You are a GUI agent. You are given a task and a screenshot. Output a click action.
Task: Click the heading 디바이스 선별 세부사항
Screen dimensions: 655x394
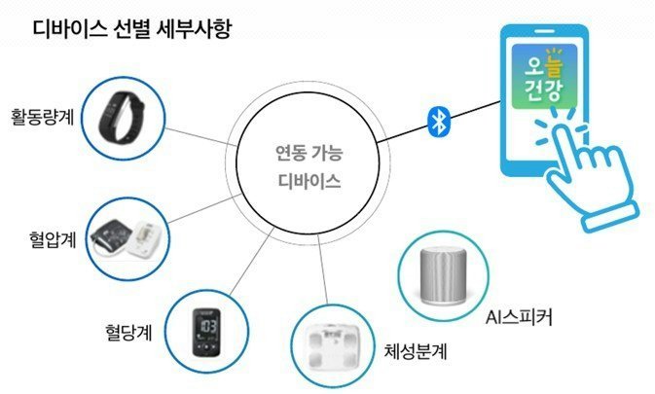coord(132,29)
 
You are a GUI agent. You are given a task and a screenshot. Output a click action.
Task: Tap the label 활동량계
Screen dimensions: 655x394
coord(42,117)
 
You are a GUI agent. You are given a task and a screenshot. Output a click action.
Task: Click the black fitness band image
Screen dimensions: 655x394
coord(121,116)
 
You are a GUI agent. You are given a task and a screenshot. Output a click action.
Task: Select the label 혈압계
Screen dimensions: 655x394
coord(53,239)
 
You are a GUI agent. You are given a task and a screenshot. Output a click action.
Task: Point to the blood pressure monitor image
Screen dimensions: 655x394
coord(127,238)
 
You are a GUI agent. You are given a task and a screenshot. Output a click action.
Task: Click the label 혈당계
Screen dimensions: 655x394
coord(128,333)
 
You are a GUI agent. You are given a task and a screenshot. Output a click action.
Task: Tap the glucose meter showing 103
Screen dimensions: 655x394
coord(206,333)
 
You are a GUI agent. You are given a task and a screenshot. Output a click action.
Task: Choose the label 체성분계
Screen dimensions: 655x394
coord(416,351)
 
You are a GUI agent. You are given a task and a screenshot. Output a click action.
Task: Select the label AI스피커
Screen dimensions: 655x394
coord(519,317)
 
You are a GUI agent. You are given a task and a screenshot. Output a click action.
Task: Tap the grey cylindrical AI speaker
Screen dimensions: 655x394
coord(443,275)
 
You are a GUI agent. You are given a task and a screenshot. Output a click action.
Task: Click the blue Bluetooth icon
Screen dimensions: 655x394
coord(440,122)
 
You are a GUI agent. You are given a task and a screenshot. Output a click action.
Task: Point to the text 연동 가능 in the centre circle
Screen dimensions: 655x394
coord(309,153)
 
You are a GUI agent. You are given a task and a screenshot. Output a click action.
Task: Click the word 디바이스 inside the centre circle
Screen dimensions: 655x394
coord(309,182)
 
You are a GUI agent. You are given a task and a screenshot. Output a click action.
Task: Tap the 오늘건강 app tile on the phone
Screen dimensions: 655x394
coord(544,77)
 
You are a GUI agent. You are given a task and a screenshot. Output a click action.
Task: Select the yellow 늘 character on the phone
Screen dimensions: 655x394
coord(554,66)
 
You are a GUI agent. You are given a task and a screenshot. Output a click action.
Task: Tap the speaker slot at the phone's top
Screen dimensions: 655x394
coord(544,32)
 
